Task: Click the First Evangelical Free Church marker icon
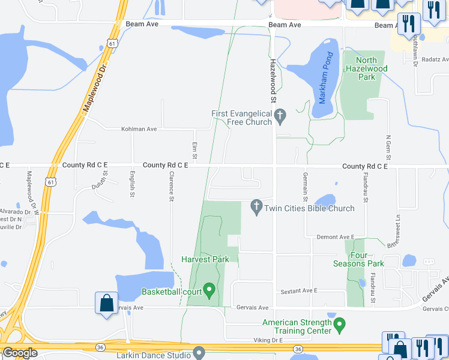[x=280, y=115]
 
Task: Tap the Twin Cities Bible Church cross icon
[x=256, y=207]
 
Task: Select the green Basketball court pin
[x=209, y=291]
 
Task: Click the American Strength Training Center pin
[x=340, y=326]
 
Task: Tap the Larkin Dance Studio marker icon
[x=199, y=354]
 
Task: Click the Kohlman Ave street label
[x=139, y=129]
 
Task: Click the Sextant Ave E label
[x=299, y=291]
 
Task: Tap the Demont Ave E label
[x=336, y=238]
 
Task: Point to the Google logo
[x=20, y=353]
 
